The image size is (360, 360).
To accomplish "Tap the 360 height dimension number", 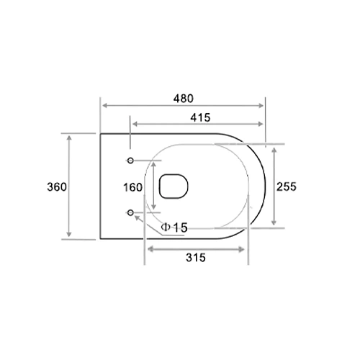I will [x=57, y=186].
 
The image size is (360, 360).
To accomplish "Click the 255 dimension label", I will [x=287, y=186].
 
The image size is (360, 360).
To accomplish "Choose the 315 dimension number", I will [x=196, y=258].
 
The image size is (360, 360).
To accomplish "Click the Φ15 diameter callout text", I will [x=175, y=228].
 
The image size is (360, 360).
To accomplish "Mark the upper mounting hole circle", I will [x=130, y=159].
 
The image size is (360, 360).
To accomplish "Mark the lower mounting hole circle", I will [x=130, y=212].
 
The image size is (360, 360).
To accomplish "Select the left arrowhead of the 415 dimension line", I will [x=132, y=123].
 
